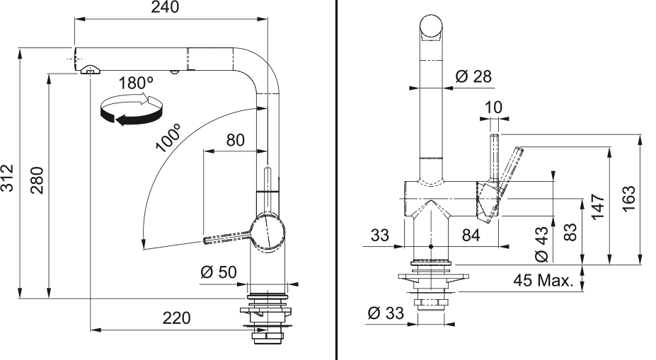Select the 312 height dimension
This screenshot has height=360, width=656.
[7, 178]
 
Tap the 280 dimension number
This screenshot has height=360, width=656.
[38, 180]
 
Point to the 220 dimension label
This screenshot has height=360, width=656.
[176, 318]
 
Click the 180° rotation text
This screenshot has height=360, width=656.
[136, 83]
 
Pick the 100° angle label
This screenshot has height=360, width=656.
[168, 137]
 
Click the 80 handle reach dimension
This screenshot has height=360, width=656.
[235, 140]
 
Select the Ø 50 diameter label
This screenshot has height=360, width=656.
[219, 272]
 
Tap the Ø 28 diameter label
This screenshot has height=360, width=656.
[473, 76]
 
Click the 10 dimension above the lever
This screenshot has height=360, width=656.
[493, 108]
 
